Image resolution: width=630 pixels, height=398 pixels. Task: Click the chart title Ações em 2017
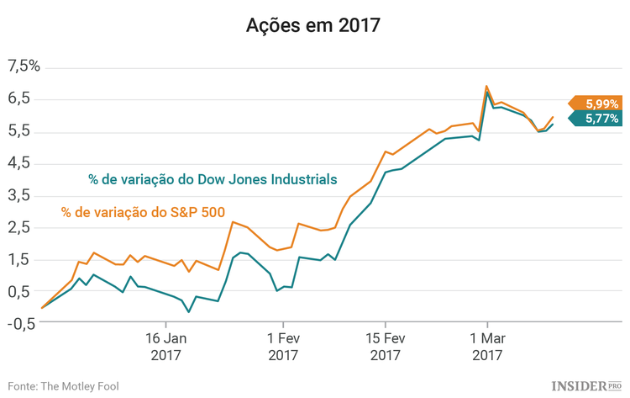tap(313, 25)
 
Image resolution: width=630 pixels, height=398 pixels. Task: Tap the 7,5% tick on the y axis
tap(24, 66)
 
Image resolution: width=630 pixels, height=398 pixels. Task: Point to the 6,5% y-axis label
tap(24, 98)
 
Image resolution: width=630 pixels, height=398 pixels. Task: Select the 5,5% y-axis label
tap(24, 130)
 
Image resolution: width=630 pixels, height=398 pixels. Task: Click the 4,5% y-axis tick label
tap(24, 162)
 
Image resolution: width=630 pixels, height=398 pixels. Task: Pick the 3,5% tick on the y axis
tap(24, 195)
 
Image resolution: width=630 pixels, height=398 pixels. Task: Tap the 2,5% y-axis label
tap(24, 227)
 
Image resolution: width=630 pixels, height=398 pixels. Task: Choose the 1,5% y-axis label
tap(24, 259)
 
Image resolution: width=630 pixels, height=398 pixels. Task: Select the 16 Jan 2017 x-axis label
tap(166, 348)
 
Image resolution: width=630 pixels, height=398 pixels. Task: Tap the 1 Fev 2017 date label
tap(283, 348)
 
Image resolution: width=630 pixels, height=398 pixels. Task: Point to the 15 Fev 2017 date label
tap(385, 348)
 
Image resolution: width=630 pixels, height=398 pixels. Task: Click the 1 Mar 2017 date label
tap(487, 348)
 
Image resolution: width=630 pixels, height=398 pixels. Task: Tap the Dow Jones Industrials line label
tap(213, 178)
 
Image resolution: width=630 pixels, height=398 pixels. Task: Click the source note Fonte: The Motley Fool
tap(63, 385)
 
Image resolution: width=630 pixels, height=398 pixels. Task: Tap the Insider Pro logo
tap(586, 385)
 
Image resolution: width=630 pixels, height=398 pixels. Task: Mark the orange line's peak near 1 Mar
tap(486, 86)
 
